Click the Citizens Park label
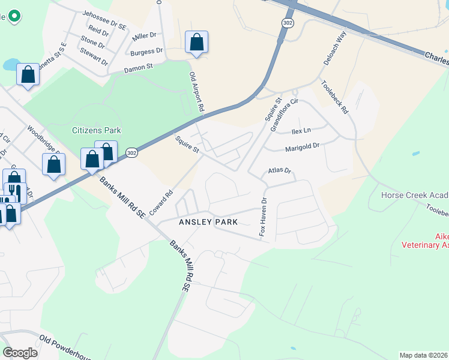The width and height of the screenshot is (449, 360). pos(97,130)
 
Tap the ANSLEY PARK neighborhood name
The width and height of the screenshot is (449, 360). pos(208,222)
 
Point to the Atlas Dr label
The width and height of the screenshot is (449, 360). pos(279,171)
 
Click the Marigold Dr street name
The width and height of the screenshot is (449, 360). pos(303,146)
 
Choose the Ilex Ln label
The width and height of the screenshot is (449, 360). pos(301,130)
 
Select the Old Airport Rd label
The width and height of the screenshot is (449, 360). pos(197,93)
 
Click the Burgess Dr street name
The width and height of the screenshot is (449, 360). pos(146,52)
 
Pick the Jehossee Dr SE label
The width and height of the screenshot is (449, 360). pos(104,20)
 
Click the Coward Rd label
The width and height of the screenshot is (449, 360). pos(161,203)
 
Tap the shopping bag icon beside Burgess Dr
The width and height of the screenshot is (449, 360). pos(196,43)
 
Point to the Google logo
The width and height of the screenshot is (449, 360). pos(20,352)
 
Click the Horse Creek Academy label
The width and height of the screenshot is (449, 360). pos(415,195)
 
